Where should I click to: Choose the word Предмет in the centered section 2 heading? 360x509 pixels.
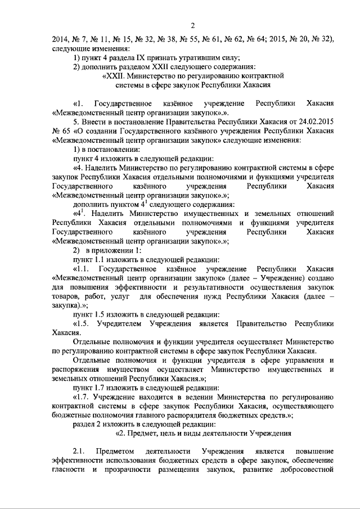pyautogui.click(x=146, y=433)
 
